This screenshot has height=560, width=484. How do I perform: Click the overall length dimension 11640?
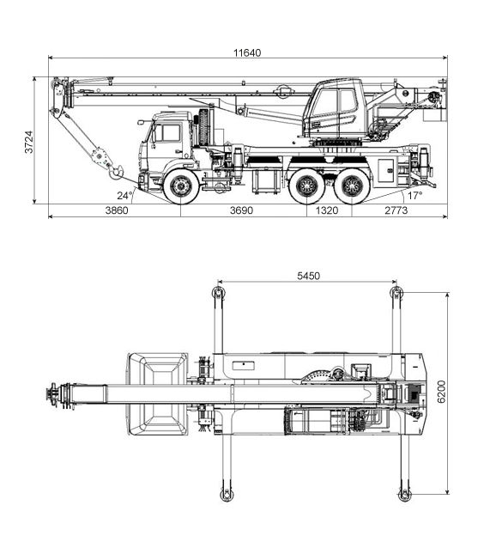tap(247, 53)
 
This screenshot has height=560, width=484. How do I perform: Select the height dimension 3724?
tap(29, 142)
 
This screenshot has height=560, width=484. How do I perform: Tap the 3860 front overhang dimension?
tap(117, 210)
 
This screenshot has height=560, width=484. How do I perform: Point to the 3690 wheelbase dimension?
tap(241, 210)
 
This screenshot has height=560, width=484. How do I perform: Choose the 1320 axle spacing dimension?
tap(327, 210)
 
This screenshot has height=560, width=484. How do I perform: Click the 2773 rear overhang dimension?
tap(396, 210)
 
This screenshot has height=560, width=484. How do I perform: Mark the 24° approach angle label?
tap(124, 195)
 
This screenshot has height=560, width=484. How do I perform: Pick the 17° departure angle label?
tap(414, 195)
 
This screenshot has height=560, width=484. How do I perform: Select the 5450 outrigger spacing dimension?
tap(308, 276)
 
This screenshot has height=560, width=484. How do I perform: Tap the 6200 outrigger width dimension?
tap(442, 392)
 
